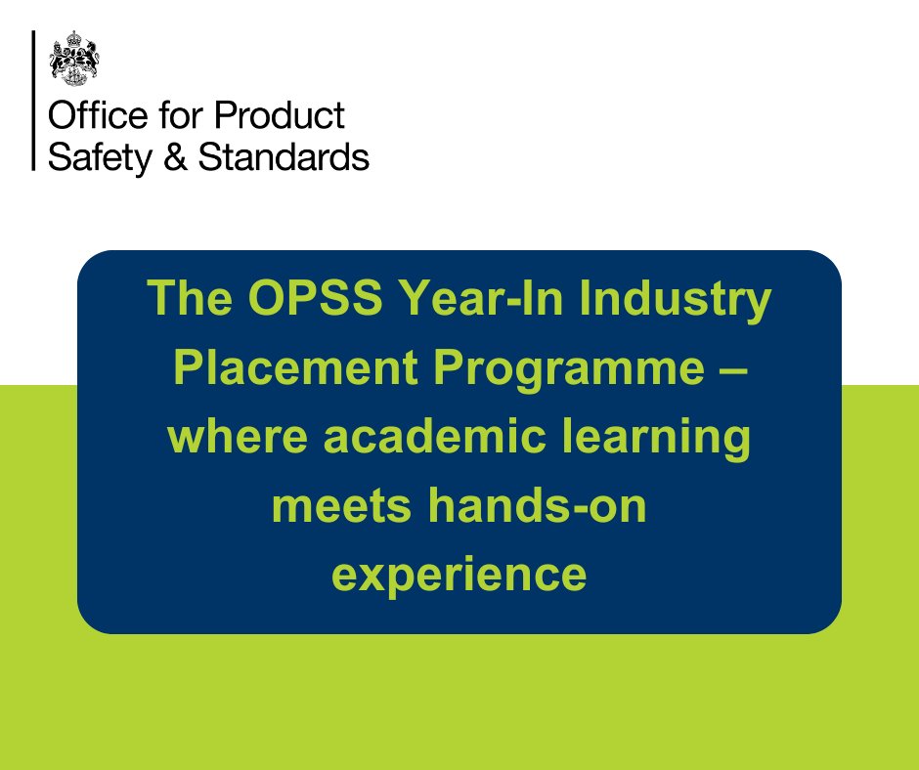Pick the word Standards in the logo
[x=284, y=156]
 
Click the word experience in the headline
[x=459, y=575]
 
